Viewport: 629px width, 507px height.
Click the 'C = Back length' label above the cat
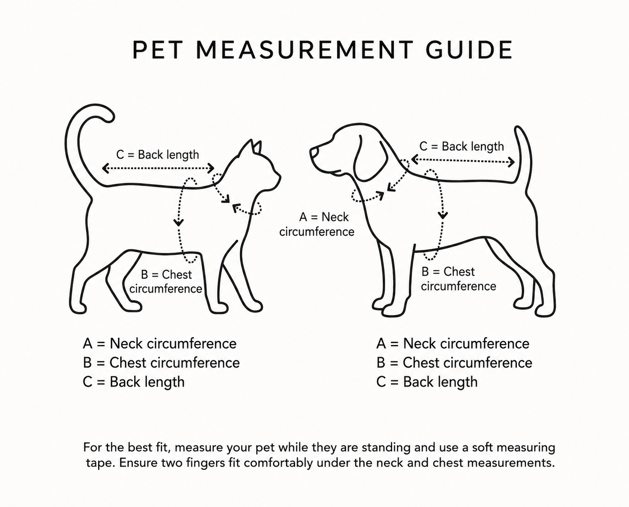click(x=158, y=155)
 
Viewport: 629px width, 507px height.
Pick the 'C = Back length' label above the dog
click(x=462, y=146)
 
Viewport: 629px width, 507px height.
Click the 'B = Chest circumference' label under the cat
click(x=166, y=282)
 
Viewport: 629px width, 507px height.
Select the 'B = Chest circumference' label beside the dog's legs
click(x=458, y=279)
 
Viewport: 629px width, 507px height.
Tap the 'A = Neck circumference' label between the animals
click(x=317, y=225)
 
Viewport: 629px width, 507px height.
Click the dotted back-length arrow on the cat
click(x=158, y=168)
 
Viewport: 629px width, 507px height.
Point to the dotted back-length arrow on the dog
click(x=463, y=160)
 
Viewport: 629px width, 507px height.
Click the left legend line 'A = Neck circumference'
click(x=159, y=344)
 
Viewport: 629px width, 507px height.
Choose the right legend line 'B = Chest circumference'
click(x=454, y=363)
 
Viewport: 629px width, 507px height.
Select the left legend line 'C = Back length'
click(x=134, y=382)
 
